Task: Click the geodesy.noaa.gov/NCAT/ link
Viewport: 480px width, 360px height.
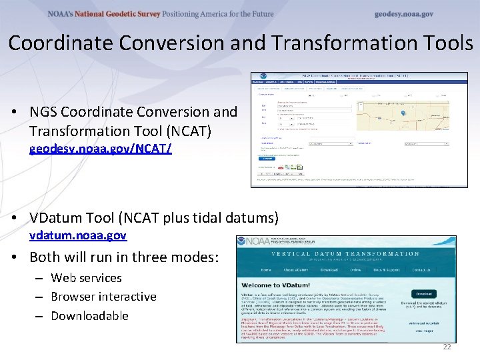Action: pos(100,149)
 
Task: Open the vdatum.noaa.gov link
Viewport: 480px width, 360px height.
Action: pos(78,235)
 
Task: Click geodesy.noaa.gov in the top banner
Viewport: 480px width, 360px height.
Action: pos(403,14)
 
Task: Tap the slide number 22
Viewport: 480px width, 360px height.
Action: pos(446,347)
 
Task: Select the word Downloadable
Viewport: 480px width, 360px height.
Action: pos(89,315)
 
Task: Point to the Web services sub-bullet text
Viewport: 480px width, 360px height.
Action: pos(86,278)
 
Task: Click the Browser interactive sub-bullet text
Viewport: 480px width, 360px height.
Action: pos(103,297)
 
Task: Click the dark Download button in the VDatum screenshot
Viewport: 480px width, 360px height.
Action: pos(425,293)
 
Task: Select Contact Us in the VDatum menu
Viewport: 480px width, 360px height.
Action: pos(421,270)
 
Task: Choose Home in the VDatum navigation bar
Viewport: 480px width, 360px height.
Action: pos(266,270)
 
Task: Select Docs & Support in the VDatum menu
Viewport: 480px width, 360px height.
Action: pos(387,270)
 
